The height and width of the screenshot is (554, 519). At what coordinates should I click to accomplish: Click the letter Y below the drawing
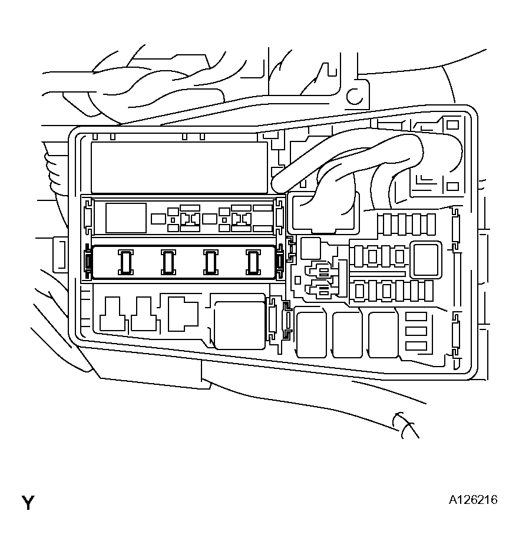pyautogui.click(x=28, y=503)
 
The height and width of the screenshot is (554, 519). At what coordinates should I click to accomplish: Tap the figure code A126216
pyautogui.click(x=473, y=500)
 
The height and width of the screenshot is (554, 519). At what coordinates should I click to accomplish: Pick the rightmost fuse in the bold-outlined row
pyautogui.click(x=253, y=262)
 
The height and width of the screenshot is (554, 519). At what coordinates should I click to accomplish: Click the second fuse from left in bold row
pyautogui.click(x=168, y=262)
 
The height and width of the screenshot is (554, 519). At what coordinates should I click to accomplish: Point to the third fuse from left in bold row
pyautogui.click(x=211, y=262)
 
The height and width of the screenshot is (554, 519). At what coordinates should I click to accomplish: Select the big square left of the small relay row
pyautogui.click(x=125, y=218)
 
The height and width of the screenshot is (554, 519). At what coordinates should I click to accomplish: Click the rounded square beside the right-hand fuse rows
pyautogui.click(x=425, y=260)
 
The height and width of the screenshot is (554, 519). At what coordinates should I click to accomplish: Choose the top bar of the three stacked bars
pyautogui.click(x=416, y=317)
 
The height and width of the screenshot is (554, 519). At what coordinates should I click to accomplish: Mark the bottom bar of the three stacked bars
pyautogui.click(x=416, y=345)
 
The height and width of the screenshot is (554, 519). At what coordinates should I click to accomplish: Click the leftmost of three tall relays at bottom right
pyautogui.click(x=311, y=334)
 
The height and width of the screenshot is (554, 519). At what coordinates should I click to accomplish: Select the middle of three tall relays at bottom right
pyautogui.click(x=347, y=334)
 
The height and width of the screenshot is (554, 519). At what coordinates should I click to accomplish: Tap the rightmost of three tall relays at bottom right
pyautogui.click(x=383, y=334)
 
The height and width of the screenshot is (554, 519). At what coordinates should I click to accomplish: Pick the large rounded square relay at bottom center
pyautogui.click(x=239, y=325)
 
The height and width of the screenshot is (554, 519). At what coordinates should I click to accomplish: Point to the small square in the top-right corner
pyautogui.click(x=452, y=125)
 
